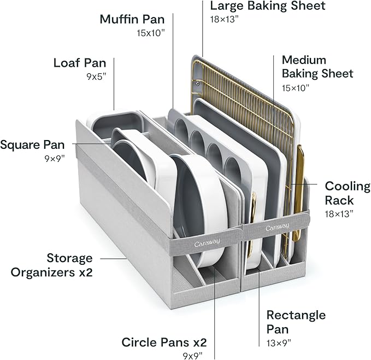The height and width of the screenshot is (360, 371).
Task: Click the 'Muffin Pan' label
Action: (132, 19)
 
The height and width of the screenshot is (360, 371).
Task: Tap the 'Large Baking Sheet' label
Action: (267, 7)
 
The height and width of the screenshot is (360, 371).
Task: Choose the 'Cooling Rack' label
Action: (347, 193)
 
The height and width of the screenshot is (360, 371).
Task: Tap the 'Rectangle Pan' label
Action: (296, 322)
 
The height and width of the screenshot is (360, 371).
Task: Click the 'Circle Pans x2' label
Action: (164, 342)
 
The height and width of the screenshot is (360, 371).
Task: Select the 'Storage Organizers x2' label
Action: (69, 264)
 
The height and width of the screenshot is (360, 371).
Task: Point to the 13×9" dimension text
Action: (279, 343)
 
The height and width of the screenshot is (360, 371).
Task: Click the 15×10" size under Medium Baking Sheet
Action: (296, 88)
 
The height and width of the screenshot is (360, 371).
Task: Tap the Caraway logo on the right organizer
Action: (277, 227)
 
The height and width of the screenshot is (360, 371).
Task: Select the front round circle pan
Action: (197, 202)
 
